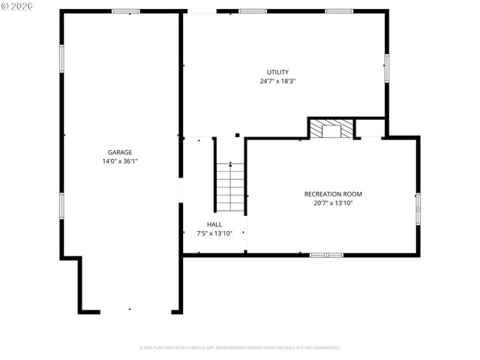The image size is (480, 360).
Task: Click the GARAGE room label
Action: point(120,152)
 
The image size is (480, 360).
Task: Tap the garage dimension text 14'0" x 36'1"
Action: point(120,161)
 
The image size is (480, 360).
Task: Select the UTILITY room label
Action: point(277,72)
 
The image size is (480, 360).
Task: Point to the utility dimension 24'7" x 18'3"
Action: point(277,81)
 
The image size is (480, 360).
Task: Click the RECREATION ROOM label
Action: point(333,194)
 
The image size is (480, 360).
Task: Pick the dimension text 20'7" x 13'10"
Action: point(333,203)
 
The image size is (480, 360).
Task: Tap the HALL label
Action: point(214,224)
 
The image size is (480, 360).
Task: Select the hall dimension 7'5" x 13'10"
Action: point(214,233)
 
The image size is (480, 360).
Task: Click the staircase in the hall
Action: point(231,187)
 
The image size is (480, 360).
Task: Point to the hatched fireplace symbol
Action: point(331,129)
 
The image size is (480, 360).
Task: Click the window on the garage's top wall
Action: point(126,11)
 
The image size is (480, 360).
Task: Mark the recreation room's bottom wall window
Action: point(326,255)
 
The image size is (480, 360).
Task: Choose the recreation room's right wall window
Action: point(418,208)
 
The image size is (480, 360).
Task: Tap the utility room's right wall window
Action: point(387,67)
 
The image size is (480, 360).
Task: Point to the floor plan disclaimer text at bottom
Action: point(240,348)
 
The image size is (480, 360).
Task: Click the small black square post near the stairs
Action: point(238,135)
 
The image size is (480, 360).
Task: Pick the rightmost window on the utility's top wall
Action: point(339,11)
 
